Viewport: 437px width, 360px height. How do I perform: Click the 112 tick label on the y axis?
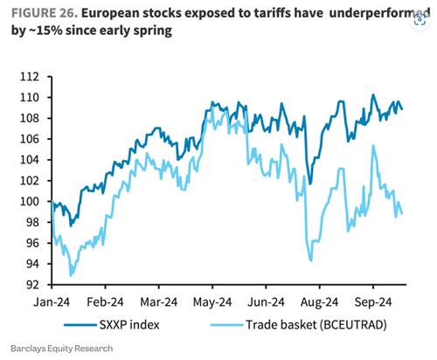click(x=30, y=77)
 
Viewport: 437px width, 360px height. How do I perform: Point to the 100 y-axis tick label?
click(x=30, y=201)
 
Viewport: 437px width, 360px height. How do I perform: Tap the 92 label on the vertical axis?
click(x=32, y=285)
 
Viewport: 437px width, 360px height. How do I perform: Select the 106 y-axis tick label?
click(x=30, y=139)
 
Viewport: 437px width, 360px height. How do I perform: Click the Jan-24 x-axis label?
click(x=52, y=302)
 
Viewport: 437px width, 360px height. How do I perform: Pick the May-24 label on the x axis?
click(x=212, y=302)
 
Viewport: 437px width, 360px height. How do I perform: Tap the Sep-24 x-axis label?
click(x=373, y=302)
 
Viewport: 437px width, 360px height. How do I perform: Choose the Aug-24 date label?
click(x=320, y=302)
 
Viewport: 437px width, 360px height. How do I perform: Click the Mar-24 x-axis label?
click(x=159, y=302)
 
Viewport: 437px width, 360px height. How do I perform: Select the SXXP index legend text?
click(x=129, y=324)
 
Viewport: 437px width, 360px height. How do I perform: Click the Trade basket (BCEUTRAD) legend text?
click(x=316, y=324)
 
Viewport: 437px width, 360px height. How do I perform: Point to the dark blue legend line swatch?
click(x=80, y=325)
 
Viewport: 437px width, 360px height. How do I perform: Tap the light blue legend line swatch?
click(x=226, y=325)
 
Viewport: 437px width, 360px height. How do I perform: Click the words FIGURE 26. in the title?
click(x=45, y=13)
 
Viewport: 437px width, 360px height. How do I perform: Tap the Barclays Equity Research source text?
click(x=62, y=349)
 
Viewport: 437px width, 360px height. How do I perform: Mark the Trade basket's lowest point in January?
click(x=71, y=275)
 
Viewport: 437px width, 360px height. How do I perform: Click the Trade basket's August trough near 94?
click(x=311, y=260)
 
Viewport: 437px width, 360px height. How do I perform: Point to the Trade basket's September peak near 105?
click(x=373, y=145)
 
